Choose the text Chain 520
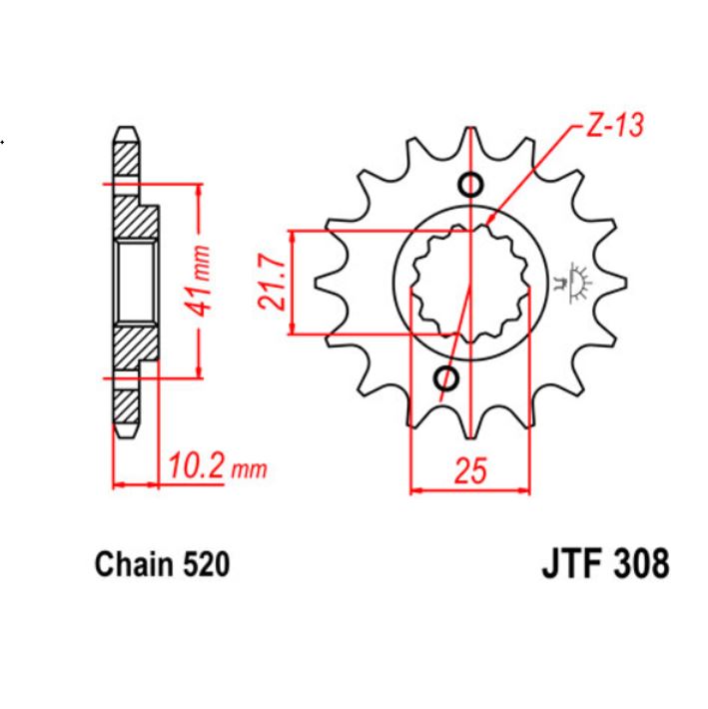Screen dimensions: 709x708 click(162, 565)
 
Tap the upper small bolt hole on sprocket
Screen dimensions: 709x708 click(469, 185)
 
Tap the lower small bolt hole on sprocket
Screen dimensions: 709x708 click(446, 378)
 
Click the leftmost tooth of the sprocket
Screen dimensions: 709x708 click(326, 283)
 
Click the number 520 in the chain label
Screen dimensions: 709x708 click(208, 565)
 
